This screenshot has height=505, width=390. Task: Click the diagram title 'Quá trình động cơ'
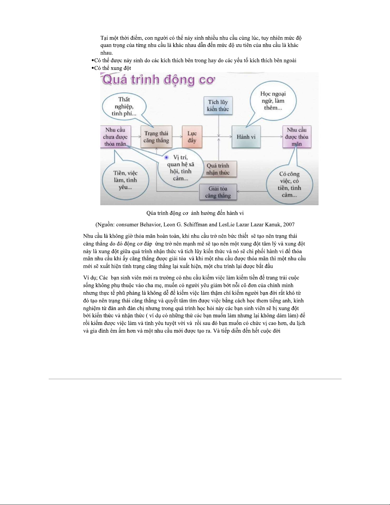(158, 80)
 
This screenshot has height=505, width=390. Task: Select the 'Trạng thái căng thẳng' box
(156, 137)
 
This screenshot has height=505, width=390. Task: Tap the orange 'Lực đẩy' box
(192, 137)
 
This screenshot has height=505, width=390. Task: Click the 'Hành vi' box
(246, 137)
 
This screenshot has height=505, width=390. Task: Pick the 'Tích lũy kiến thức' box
(218, 105)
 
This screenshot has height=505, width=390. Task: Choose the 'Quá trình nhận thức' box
(218, 169)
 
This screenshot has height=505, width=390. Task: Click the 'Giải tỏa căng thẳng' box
(218, 192)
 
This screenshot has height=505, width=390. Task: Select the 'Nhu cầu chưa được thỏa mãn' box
(115, 137)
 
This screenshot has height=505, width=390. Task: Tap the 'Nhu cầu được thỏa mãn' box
(296, 137)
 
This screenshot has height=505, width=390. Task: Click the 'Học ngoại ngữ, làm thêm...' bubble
(273, 101)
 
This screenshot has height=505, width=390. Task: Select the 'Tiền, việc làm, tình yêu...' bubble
(125, 180)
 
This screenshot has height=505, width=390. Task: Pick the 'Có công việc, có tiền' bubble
(289, 184)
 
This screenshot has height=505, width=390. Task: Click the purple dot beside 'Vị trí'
(167, 157)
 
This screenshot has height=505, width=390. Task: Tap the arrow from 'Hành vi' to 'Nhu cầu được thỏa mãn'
(271, 137)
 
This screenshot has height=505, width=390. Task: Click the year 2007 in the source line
(288, 225)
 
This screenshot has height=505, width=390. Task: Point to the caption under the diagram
(195, 213)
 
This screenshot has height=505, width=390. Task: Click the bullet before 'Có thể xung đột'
(92, 68)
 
